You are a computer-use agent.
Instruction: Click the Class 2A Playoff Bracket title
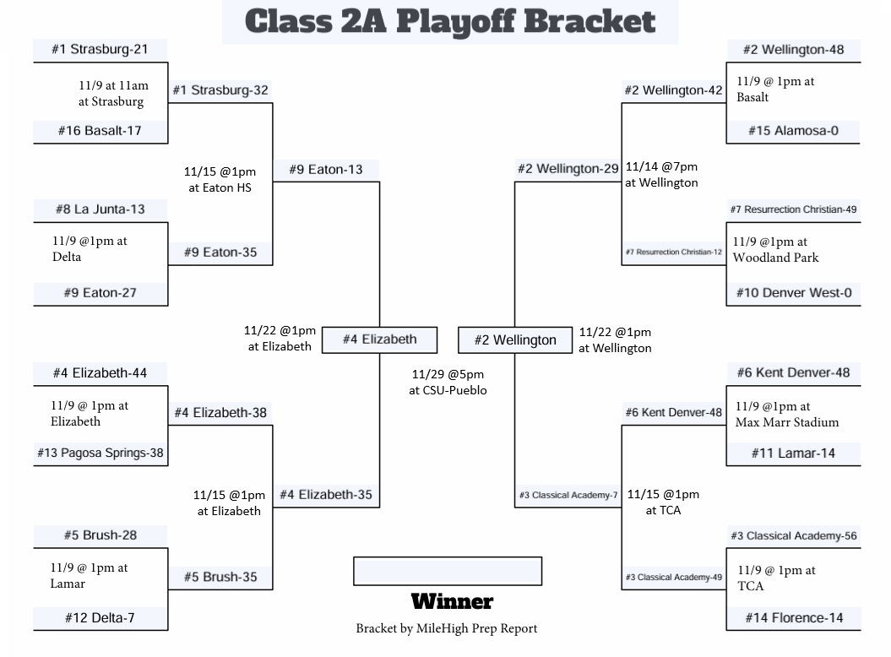click(449, 22)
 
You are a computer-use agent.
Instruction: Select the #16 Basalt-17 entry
click(100, 131)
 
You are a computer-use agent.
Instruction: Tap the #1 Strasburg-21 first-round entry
click(100, 49)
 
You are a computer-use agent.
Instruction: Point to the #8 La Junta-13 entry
click(100, 209)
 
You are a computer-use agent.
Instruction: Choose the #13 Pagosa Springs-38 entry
click(100, 453)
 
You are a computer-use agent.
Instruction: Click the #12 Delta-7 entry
click(100, 618)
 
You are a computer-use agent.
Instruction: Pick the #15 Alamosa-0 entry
click(792, 131)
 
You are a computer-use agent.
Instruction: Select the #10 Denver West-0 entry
click(794, 293)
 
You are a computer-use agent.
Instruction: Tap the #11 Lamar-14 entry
click(793, 453)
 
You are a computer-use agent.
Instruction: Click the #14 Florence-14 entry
click(794, 618)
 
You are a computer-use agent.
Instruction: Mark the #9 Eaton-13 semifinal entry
click(326, 170)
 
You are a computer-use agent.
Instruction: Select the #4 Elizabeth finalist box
click(380, 339)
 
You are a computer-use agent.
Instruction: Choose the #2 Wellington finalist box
click(515, 340)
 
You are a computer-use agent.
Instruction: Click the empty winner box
click(448, 571)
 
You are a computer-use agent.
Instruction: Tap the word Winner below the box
click(452, 602)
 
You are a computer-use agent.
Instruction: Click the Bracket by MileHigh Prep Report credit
click(446, 628)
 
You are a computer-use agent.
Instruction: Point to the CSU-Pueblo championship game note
click(448, 382)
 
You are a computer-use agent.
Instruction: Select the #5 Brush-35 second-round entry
click(220, 578)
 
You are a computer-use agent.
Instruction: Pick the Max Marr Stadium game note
click(786, 415)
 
